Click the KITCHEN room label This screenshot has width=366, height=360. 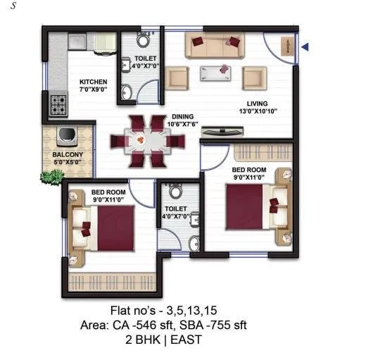(92, 81)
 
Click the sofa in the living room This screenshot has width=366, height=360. (215, 46)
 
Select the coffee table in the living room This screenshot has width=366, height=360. (215, 70)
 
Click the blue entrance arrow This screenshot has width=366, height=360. (306, 47)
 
